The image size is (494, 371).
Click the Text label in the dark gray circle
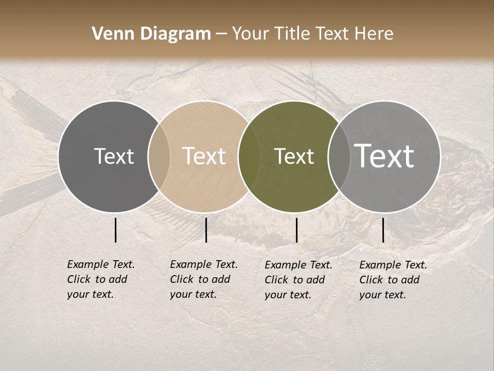[114, 156]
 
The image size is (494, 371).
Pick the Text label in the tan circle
[204, 156]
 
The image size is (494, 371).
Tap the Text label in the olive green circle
[294, 156]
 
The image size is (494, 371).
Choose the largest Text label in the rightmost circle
[384, 156]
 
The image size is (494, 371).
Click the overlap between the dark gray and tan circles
[159, 157]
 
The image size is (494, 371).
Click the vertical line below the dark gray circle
[116, 230]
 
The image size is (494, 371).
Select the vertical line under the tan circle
[206, 230]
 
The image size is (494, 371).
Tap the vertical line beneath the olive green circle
[297, 230]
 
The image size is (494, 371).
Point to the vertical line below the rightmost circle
[383, 230]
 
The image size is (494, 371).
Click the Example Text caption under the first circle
[101, 264]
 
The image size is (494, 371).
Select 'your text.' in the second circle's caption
[193, 295]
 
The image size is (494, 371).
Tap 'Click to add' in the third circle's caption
[295, 280]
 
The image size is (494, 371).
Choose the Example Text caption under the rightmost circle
[393, 265]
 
